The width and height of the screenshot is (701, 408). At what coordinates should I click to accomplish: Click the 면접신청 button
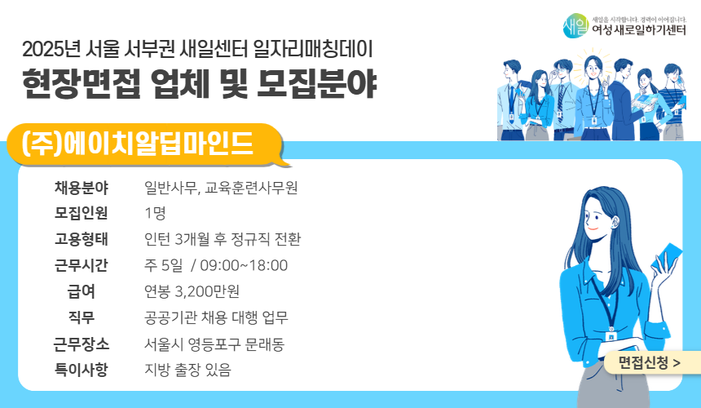point(649,361)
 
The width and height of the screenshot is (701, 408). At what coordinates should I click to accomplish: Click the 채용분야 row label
point(82,188)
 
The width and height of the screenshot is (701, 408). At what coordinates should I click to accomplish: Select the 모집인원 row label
point(82,215)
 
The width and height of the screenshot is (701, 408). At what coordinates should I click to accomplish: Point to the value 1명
point(155,215)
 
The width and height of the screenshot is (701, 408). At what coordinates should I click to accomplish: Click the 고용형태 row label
point(82,240)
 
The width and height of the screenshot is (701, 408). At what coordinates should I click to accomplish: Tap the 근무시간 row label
point(82,266)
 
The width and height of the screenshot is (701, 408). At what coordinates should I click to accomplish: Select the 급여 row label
point(82,292)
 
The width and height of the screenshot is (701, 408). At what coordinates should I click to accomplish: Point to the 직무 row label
point(82,317)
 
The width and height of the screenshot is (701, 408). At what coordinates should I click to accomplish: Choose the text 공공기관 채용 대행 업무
point(216,317)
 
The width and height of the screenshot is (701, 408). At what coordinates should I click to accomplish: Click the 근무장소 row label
point(82,344)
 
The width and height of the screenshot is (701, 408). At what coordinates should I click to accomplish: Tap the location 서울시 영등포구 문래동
point(214,344)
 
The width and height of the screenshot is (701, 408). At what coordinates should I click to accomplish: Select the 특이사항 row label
point(82,370)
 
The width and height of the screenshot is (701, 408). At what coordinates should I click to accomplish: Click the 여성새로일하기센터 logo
point(625,25)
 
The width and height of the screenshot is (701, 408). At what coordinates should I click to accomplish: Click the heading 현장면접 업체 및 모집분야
point(201,83)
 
